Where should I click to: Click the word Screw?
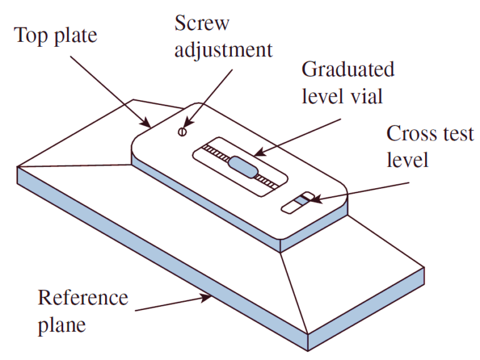point(202,24)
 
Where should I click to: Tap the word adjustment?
point(223,51)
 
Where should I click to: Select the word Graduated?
point(348,69)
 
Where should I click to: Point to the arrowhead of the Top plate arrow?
point(147,124)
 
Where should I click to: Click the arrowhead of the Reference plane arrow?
point(211,297)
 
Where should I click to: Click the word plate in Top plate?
point(76,36)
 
